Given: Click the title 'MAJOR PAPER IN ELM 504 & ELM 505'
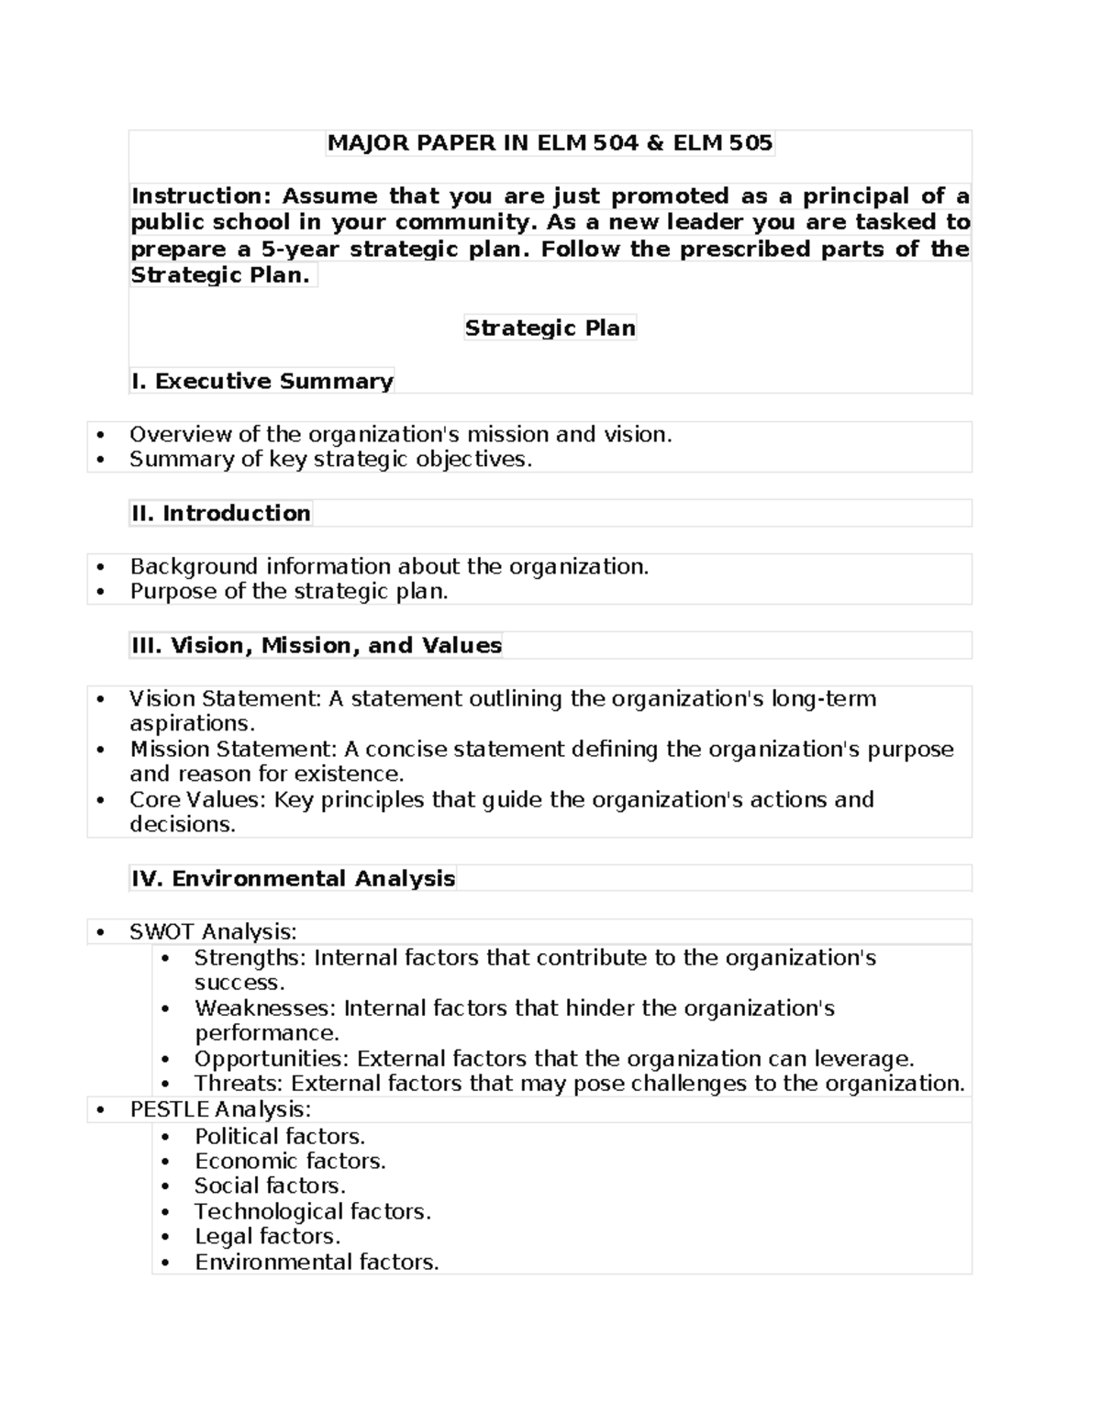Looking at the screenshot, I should (550, 143).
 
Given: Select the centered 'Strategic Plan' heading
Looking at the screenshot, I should (550, 328).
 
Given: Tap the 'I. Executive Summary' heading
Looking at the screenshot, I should (262, 381).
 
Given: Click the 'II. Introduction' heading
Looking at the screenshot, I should (220, 513).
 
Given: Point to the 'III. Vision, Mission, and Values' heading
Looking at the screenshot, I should (317, 645).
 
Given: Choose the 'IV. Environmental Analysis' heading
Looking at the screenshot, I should (293, 878).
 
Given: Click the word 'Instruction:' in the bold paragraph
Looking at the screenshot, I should (201, 196).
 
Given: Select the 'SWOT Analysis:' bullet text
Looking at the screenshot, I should (213, 931).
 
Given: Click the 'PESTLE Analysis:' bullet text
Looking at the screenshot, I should (220, 1108).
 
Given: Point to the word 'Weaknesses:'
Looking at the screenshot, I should (266, 1008).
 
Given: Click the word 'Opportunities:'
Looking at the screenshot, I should (272, 1059).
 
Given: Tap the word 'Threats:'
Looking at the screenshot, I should (239, 1084).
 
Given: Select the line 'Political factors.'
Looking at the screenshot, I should (280, 1136).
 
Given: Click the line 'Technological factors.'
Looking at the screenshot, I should (312, 1211).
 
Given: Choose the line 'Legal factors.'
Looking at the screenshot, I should (267, 1236).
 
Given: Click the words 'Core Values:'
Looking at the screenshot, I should (197, 799).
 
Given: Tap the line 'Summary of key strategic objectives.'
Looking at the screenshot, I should (330, 459).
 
